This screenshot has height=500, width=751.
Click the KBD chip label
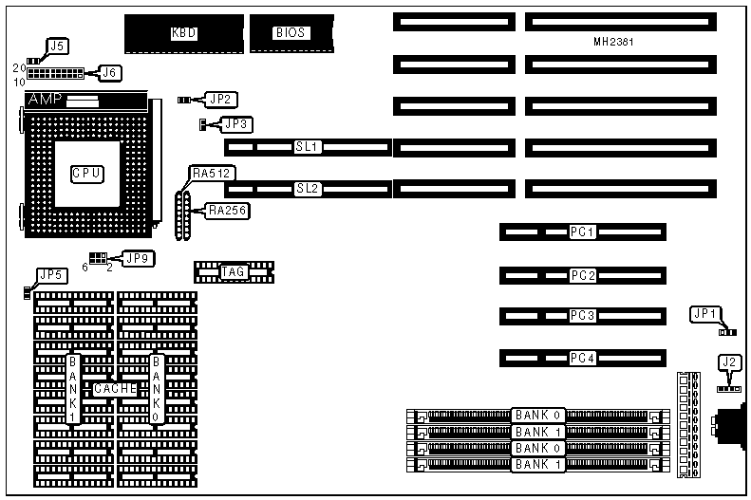pos(184,32)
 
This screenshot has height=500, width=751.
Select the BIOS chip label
pos(291,32)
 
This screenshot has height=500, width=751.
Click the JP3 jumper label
pos(235,123)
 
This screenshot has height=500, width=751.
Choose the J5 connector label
pos(58,46)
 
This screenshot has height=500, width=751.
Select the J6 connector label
pos(110,72)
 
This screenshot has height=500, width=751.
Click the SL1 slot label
pos(309,147)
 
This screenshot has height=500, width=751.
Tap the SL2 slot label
pos(309,189)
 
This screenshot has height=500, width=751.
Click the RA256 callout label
pos(228,211)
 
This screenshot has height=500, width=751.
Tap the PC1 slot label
pos(582,231)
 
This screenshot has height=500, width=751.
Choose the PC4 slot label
pos(582,358)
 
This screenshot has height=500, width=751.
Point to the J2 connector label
pos(728,361)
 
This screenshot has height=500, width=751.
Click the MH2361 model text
pos(612,44)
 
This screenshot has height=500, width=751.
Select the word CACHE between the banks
pos(115,389)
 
